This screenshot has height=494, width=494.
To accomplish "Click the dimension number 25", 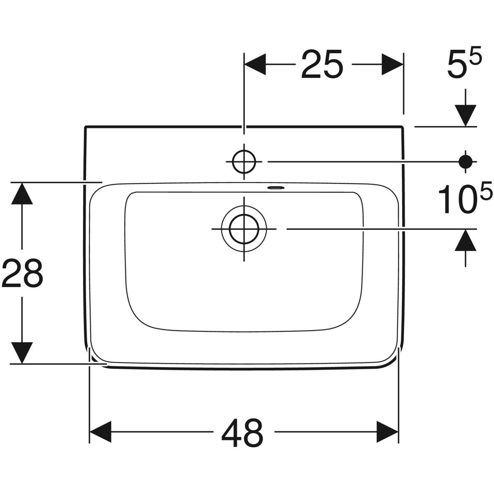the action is tap(322, 64).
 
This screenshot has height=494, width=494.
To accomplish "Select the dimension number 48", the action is tap(242, 431).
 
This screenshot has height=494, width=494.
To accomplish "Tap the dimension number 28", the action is tap(22, 273).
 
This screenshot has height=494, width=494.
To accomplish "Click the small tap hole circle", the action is tap(244, 162).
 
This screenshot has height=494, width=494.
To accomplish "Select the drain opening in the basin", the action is tap(244, 228).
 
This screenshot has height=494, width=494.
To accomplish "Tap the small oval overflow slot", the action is tap(276, 187).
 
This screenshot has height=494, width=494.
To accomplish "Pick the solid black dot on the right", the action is tap(466, 162).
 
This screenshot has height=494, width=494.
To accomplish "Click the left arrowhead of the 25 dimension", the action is tap(255, 64).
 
